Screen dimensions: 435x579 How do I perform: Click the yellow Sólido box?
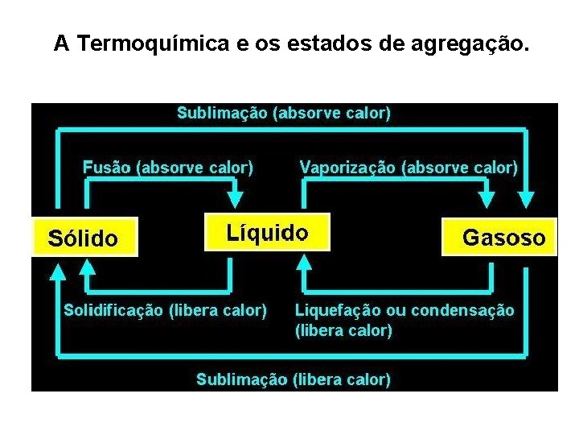pyautogui.click(x=84, y=237)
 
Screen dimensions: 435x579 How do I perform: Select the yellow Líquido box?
pyautogui.click(x=267, y=233)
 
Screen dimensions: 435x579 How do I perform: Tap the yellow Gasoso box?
pyautogui.click(x=499, y=237)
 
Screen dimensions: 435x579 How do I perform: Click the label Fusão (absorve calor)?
pyautogui.click(x=168, y=168)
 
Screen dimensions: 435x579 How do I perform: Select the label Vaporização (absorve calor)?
pyautogui.click(x=409, y=168)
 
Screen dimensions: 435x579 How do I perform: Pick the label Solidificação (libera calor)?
pyautogui.click(x=165, y=309)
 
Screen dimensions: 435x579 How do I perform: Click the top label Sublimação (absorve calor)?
pyautogui.click(x=284, y=113)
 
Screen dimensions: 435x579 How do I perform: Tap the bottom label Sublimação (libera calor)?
pyautogui.click(x=294, y=379)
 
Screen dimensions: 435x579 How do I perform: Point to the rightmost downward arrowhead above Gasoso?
pyautogui.click(x=527, y=201)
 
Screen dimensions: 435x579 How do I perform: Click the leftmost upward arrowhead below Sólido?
pyautogui.click(x=57, y=274)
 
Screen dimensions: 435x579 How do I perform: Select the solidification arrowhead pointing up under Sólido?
pyautogui.click(x=88, y=274)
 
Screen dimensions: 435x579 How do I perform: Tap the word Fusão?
pyautogui.click(x=108, y=168)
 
